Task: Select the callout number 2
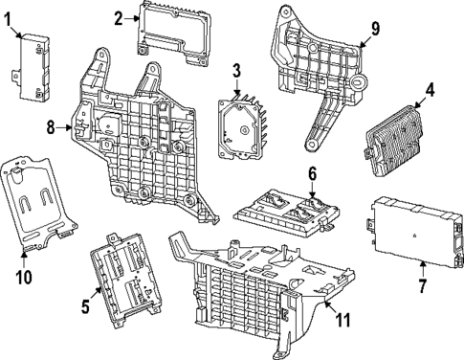[119, 17]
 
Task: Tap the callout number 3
[235, 70]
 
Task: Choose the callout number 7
[422, 285]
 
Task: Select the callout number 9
[375, 28]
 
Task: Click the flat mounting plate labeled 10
[39, 201]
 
